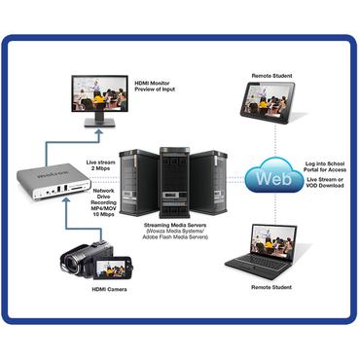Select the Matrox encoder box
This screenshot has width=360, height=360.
click(50, 179)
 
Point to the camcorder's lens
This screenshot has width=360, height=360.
click(68, 260)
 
